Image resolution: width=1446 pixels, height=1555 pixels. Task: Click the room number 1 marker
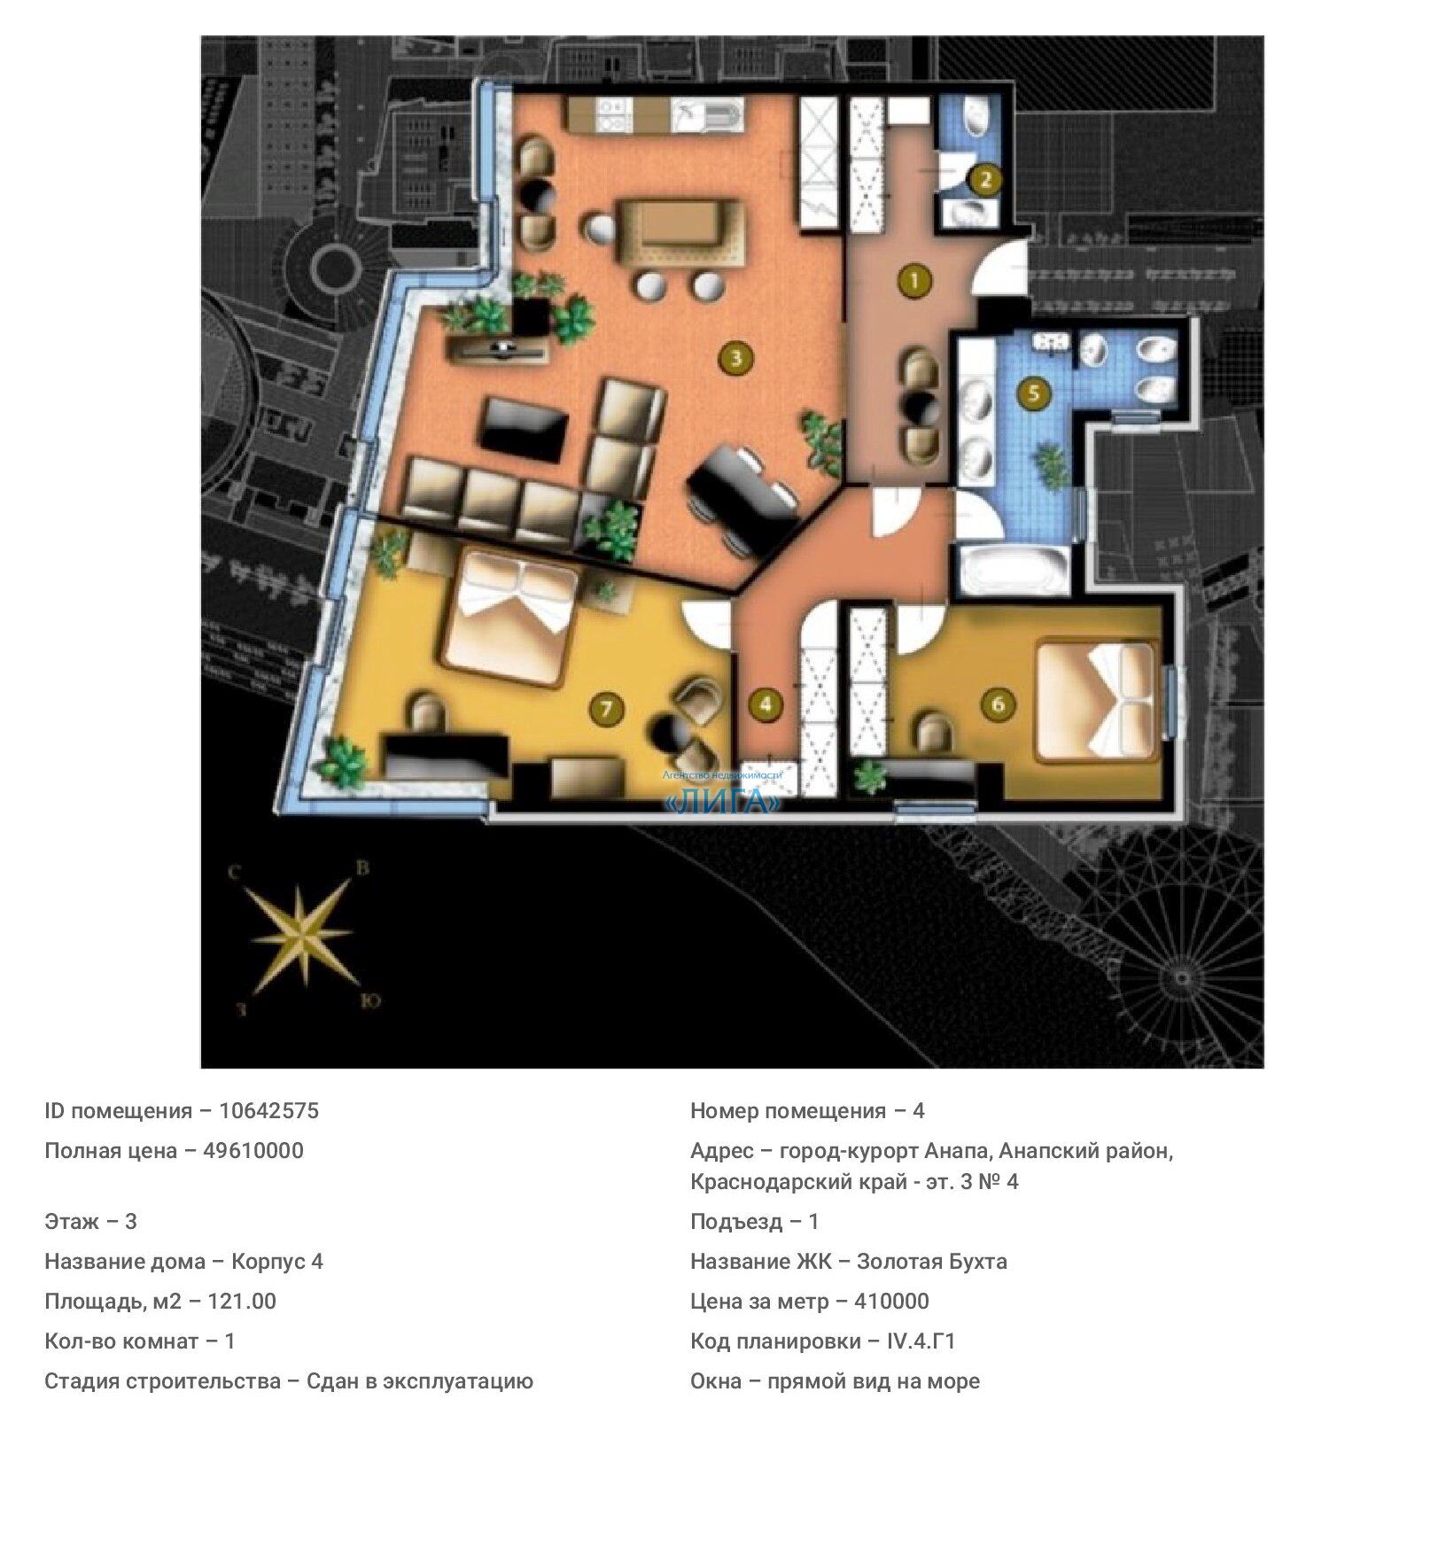pyautogui.click(x=913, y=281)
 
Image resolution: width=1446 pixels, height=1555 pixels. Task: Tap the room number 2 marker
pyautogui.click(x=984, y=181)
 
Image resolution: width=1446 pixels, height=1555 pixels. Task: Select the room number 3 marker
pyautogui.click(x=735, y=358)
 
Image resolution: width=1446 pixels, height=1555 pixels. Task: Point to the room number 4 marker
pyautogui.click(x=766, y=704)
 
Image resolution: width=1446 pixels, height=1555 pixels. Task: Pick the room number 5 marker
pyautogui.click(x=1034, y=392)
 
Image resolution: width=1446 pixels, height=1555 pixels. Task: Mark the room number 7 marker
pyautogui.click(x=607, y=709)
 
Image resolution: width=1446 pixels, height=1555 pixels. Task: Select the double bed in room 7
pyautogui.click(x=509, y=621)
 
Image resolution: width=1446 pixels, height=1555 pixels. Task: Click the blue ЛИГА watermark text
pyautogui.click(x=724, y=803)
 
